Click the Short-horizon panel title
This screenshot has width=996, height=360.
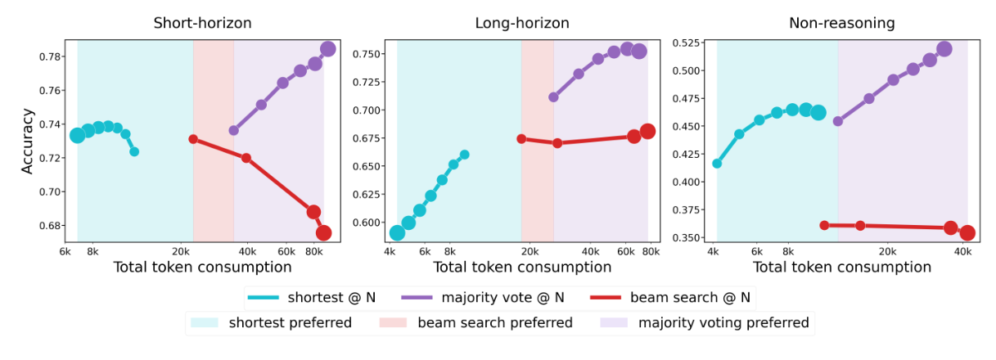[x=202, y=23]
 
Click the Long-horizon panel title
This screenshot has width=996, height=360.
[x=522, y=23]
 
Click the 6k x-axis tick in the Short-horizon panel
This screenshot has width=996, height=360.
[x=65, y=251]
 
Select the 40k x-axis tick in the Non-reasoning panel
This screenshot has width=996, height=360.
[x=962, y=251]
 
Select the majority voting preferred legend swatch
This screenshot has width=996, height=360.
[x=613, y=323]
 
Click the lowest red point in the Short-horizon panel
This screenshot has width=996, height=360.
[x=323, y=233]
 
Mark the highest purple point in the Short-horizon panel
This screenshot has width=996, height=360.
[x=327, y=49]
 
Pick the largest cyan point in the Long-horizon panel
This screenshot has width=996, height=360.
[x=397, y=233]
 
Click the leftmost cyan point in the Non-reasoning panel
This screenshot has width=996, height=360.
[x=717, y=164]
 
